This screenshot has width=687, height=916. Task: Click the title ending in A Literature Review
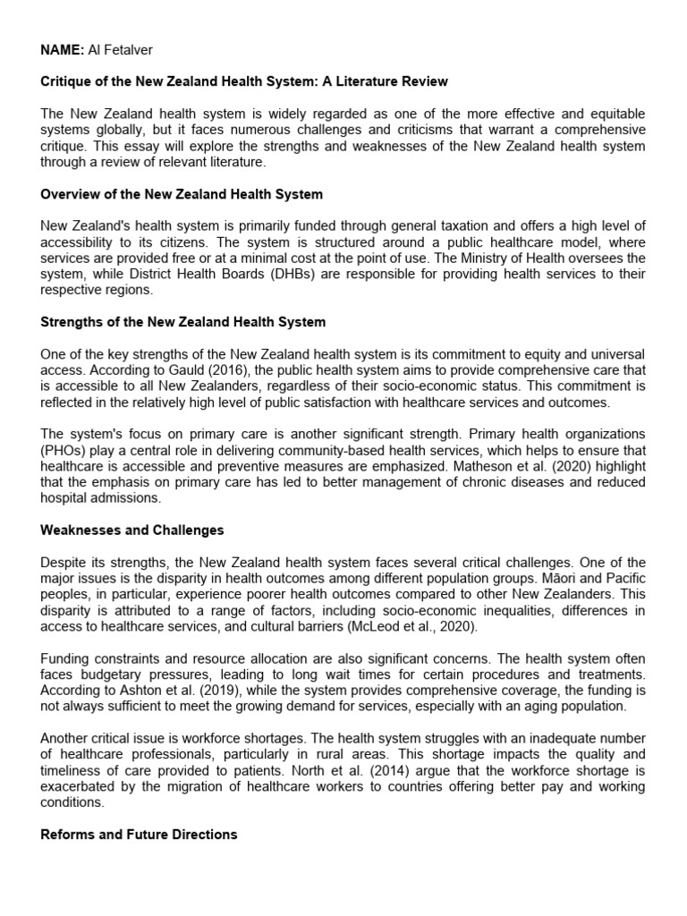coord(244,81)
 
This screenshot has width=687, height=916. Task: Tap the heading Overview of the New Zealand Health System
coord(182,194)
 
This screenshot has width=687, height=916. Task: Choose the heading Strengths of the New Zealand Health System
coord(182,321)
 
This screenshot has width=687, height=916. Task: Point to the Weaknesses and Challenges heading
coord(131,530)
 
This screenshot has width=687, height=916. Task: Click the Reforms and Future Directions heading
coord(139,835)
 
